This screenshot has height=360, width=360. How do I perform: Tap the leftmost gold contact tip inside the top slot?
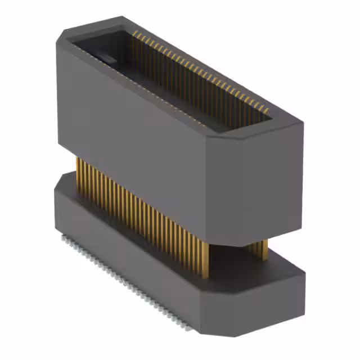point(134,35)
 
